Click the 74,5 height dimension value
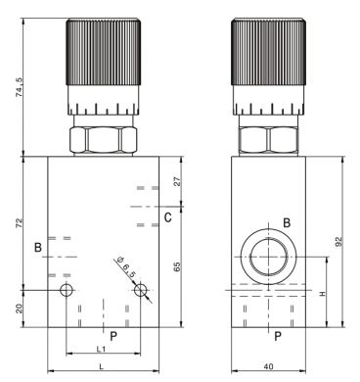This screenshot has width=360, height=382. click(20, 87)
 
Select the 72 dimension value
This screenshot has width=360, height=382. click(20, 222)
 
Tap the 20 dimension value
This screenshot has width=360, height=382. click(20, 309)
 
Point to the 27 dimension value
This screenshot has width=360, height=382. click(177, 181)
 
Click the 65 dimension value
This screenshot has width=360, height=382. click(177, 266)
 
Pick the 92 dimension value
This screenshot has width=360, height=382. click(339, 241)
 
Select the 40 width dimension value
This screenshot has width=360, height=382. click(268, 366)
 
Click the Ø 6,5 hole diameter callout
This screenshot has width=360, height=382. click(125, 267)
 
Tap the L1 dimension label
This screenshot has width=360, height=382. click(101, 349)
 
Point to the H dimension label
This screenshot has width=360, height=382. click(323, 294)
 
